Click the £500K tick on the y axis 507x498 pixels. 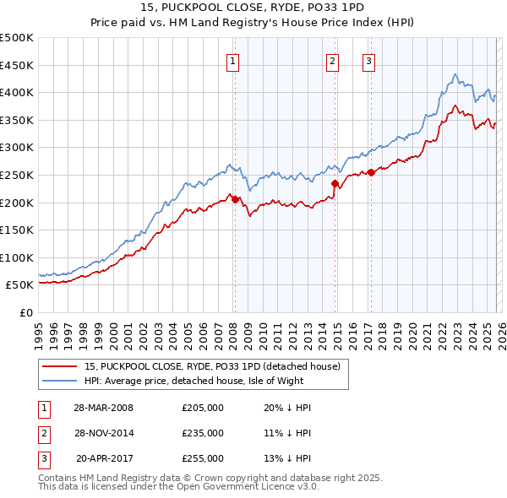tap(17, 38)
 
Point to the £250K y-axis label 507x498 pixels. tap(17, 175)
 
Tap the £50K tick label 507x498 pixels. tap(19, 285)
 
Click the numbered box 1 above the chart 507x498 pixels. tap(232, 60)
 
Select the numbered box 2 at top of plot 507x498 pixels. tap(333, 60)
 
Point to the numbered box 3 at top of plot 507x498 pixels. tap(369, 60)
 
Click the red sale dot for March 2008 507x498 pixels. tap(235, 199)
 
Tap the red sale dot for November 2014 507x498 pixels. tap(335, 183)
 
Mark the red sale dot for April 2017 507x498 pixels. tap(371, 172)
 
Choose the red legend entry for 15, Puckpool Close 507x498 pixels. tap(211, 366)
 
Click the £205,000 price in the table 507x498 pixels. tap(203, 408)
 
